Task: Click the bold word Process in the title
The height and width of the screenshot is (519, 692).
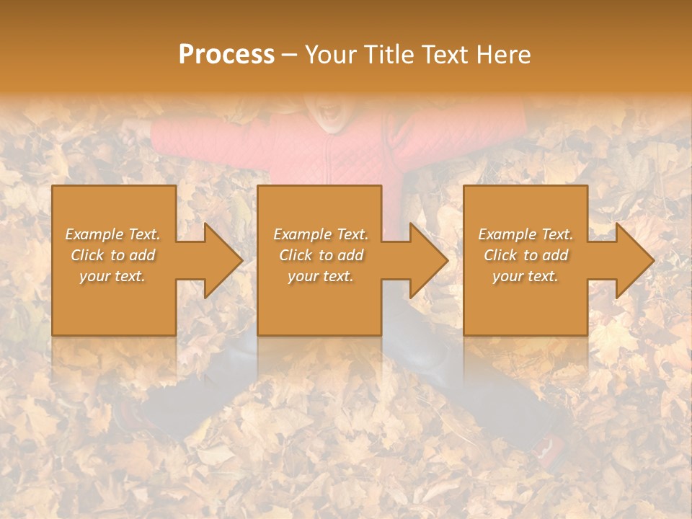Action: click(226, 55)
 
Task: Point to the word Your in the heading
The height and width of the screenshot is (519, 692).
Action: click(331, 55)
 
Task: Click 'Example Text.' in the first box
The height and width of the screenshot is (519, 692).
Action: click(113, 234)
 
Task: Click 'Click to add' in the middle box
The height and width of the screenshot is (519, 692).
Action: click(321, 255)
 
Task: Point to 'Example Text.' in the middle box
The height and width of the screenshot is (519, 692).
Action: click(321, 234)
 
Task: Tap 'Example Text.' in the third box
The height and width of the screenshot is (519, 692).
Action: click(525, 234)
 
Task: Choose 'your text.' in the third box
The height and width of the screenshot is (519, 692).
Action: click(525, 276)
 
